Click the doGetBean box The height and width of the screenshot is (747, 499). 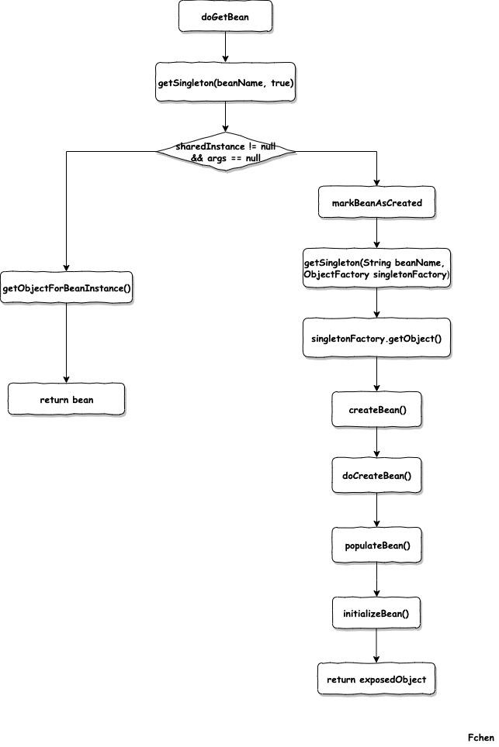coord(225,17)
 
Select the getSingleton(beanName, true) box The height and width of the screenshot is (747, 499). coord(225,82)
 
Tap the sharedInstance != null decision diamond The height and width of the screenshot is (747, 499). coord(226,152)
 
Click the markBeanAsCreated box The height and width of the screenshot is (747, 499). coord(377,202)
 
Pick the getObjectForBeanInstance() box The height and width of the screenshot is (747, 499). coord(66,287)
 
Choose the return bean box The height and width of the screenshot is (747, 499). coord(66,399)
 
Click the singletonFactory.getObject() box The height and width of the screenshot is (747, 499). coord(376,339)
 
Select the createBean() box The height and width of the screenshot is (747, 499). coord(377,410)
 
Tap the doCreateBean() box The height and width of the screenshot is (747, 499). coord(377,476)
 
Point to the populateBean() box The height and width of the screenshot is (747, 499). coord(377,545)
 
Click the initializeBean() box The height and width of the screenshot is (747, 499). coord(376,613)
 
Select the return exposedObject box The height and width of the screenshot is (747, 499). coord(376,679)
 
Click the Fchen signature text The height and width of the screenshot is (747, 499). coord(480,738)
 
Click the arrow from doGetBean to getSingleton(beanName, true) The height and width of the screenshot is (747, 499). coord(225,47)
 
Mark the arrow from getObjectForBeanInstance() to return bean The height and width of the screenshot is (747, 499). coord(66,343)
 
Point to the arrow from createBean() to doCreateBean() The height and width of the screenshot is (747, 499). coord(377,442)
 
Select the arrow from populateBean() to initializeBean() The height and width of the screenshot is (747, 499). coord(377,580)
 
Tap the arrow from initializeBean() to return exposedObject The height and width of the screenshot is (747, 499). coord(376,645)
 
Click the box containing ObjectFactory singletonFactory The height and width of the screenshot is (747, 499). coord(377,268)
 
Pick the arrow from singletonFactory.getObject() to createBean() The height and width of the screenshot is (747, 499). coord(377,374)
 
